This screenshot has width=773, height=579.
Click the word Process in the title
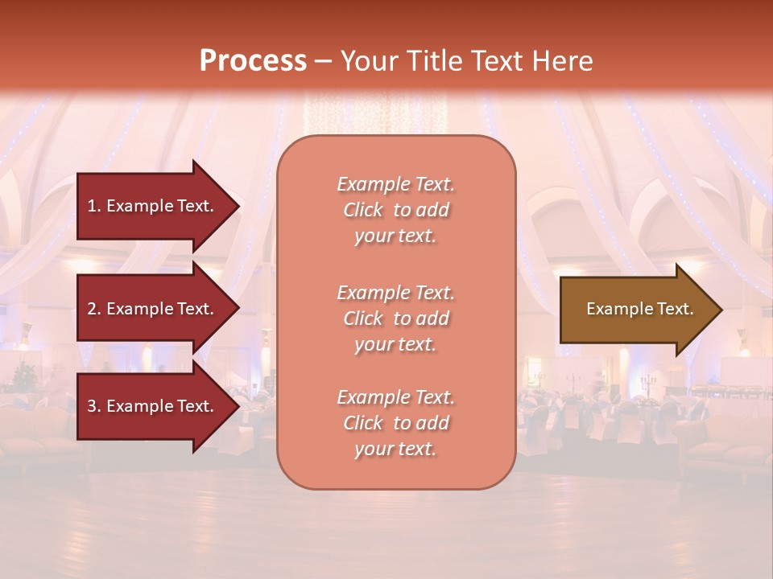(x=253, y=61)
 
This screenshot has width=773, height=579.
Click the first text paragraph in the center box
(x=395, y=210)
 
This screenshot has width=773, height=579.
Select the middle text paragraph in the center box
(x=395, y=318)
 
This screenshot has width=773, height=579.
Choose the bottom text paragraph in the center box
(x=395, y=423)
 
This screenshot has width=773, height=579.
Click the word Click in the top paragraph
(x=363, y=210)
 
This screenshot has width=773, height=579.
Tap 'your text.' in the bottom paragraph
(x=395, y=449)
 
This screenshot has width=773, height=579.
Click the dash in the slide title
(x=324, y=62)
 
